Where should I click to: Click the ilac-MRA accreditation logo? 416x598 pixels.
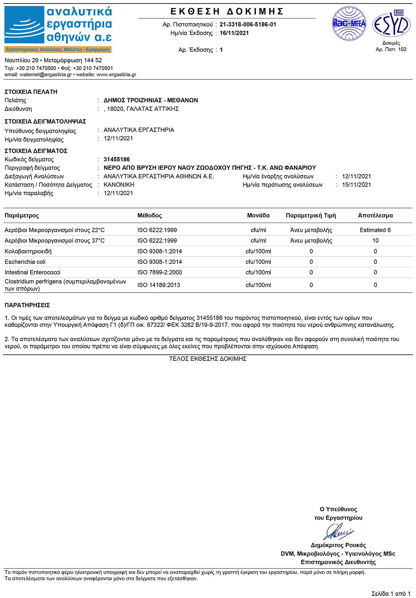pyautogui.click(x=349, y=24)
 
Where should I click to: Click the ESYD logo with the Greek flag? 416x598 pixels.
pyautogui.click(x=391, y=24)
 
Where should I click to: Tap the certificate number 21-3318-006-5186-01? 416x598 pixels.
pyautogui.click(x=248, y=25)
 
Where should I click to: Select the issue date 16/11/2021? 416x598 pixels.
pyautogui.click(x=234, y=33)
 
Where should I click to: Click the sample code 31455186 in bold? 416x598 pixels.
pyautogui.click(x=117, y=159)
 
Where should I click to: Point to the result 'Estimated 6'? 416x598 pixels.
pyautogui.click(x=375, y=230)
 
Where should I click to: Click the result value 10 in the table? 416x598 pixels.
pyautogui.click(x=375, y=241)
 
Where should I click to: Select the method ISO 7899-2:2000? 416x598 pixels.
pyautogui.click(x=159, y=272)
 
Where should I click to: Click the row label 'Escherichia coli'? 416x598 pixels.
pyautogui.click(x=25, y=262)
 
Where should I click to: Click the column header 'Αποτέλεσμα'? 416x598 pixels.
pyautogui.click(x=375, y=216)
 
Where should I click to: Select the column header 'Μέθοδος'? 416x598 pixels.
pyautogui.click(x=149, y=216)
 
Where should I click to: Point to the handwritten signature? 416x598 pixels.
pyautogui.click(x=338, y=531)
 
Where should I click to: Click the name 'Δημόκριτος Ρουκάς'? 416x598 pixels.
pyautogui.click(x=338, y=545)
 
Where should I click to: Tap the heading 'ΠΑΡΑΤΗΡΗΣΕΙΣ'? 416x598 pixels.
pyautogui.click(x=27, y=305)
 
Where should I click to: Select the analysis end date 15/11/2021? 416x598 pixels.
pyautogui.click(x=356, y=185)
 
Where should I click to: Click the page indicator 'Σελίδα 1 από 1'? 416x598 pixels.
pyautogui.click(x=391, y=593)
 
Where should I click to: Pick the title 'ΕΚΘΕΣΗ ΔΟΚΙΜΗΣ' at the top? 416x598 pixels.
pyautogui.click(x=227, y=12)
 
